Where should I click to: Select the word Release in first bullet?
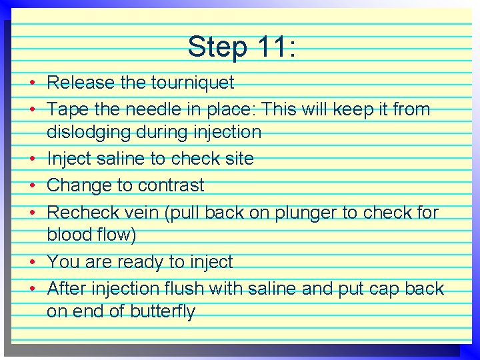click(x=81, y=83)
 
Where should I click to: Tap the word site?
click(x=239, y=159)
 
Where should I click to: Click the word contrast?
click(x=170, y=185)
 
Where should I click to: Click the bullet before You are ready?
click(x=32, y=262)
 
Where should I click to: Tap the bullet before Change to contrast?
click(x=32, y=185)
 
